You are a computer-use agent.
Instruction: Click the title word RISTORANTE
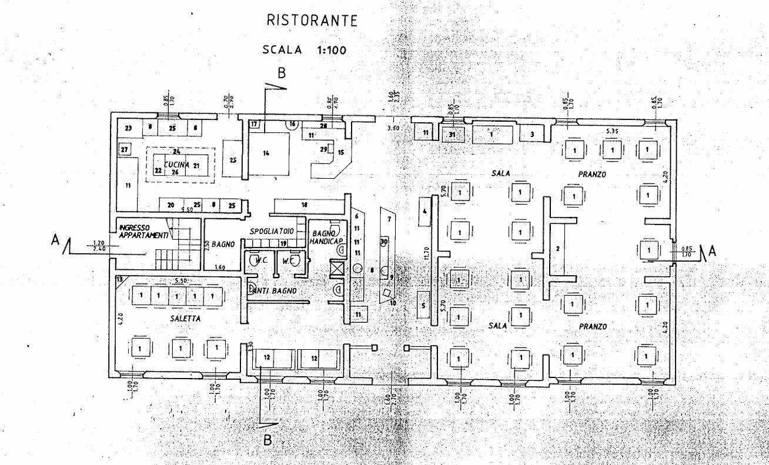pos(312,21)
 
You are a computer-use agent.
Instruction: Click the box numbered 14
pos(266,153)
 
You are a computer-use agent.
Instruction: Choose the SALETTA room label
pos(183,318)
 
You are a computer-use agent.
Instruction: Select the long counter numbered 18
pos(305,205)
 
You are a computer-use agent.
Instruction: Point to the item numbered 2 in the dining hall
pos(557,249)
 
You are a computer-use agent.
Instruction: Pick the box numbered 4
pos(424,210)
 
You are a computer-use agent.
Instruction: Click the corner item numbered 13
pos(121,280)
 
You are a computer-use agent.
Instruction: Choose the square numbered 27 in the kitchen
pos(125,150)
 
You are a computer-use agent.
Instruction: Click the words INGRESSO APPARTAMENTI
pos(143,231)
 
